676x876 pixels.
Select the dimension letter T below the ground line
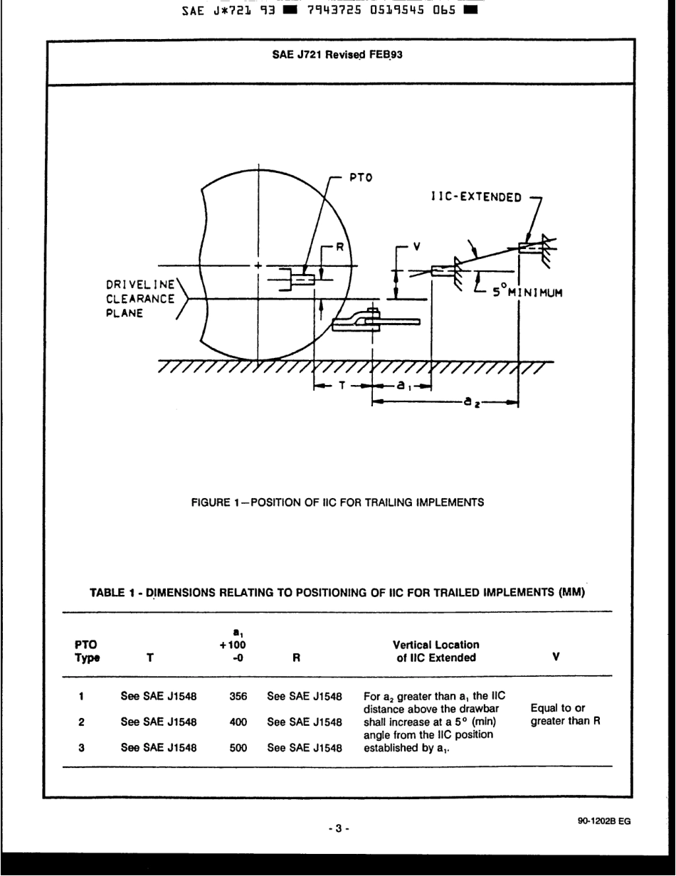(x=342, y=386)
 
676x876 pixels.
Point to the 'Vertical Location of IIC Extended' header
(x=428, y=651)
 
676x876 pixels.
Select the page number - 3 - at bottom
(x=337, y=828)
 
